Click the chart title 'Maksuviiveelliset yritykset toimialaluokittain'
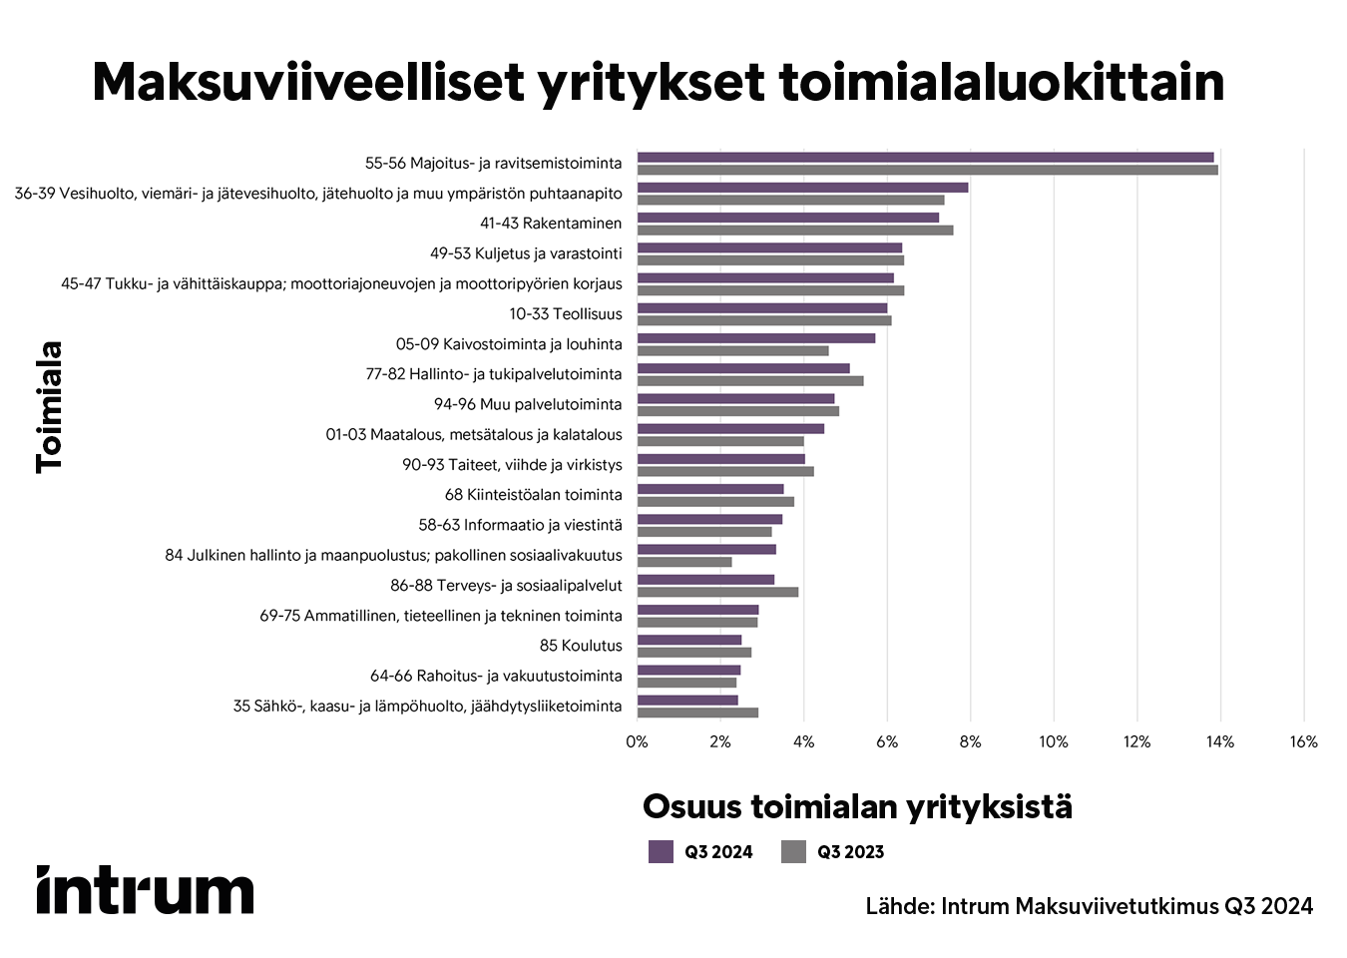658,82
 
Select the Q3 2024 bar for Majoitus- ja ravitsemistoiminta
925,158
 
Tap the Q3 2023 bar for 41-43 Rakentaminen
795,231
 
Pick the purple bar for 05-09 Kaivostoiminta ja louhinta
755,338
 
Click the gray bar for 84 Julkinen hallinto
684,562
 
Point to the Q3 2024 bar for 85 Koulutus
689,640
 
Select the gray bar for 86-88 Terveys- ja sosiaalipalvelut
717,592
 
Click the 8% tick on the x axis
970,741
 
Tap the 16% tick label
1303,741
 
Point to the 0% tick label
637,741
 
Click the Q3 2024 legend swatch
661,851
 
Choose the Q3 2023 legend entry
833,851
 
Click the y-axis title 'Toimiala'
49,407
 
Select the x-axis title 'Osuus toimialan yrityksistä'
857,806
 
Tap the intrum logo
146,889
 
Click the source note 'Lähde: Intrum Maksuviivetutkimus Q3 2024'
1089,906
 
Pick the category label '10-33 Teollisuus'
565,314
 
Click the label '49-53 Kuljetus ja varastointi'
526,253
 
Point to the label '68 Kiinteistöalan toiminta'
533,495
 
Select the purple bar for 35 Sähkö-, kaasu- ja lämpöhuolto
687,701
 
